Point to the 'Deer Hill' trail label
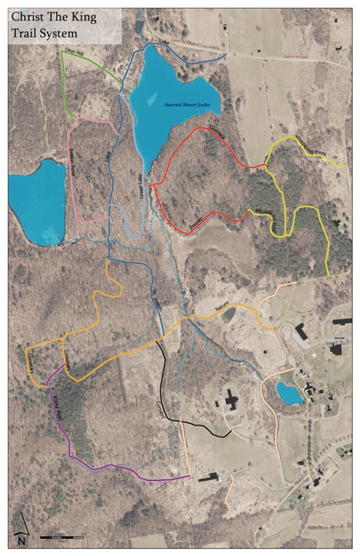click(x=74, y=53)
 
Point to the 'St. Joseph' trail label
click(x=156, y=299)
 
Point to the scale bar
click(x=61, y=537)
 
